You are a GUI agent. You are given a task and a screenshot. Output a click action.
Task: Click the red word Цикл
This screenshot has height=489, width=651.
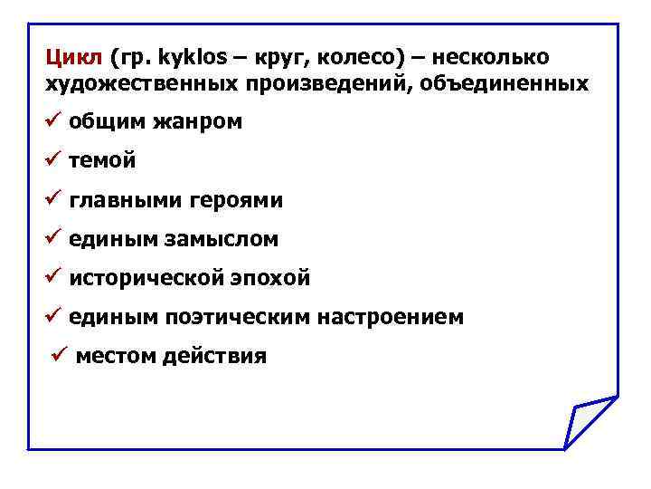coord(74,58)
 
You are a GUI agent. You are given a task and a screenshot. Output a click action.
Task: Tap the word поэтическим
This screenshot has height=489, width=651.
coord(238,317)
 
